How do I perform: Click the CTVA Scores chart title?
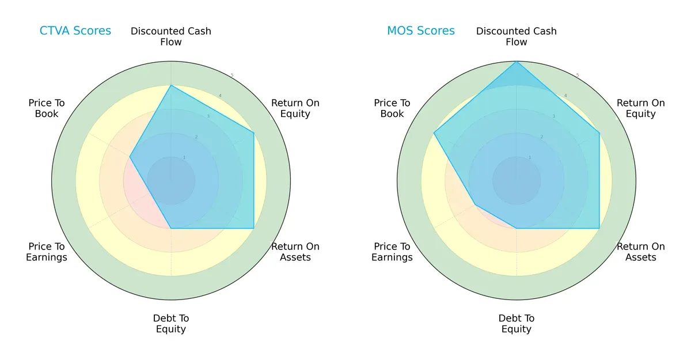[x=75, y=31]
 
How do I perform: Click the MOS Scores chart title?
[x=420, y=31]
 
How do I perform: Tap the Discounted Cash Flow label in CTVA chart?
[x=171, y=36]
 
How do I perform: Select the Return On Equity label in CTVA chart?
[x=295, y=108]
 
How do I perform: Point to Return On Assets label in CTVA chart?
[x=295, y=252]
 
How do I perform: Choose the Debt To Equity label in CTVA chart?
[x=171, y=324]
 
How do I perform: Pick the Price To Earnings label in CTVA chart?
[x=47, y=252]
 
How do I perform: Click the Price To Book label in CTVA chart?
[x=47, y=108]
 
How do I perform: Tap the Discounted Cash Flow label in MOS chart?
[x=517, y=36]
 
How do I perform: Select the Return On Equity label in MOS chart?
[x=641, y=108]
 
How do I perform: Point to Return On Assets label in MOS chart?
[x=641, y=252]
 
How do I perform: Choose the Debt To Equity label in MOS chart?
[x=517, y=324]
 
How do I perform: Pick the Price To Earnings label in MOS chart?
[x=392, y=252]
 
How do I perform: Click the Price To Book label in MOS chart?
[x=392, y=108]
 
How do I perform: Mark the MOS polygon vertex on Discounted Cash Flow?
[x=517, y=61]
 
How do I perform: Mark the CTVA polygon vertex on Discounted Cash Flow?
[x=171, y=85]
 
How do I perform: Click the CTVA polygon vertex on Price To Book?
[x=130, y=157]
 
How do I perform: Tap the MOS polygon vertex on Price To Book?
[x=434, y=133]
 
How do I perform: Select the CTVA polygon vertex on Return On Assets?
[x=254, y=228]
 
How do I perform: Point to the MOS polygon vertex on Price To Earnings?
[x=475, y=204]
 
